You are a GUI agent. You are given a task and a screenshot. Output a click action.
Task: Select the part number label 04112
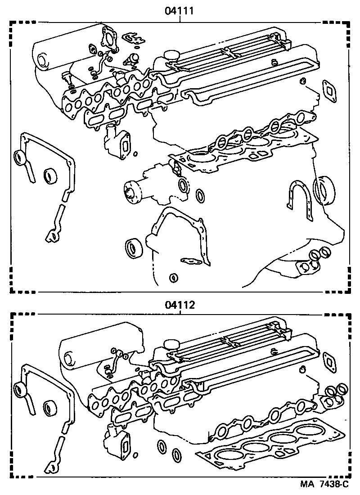[180, 305]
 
